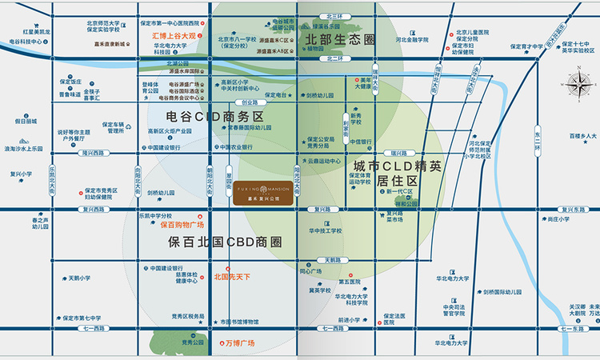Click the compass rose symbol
click(x=577, y=85)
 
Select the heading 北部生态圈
click(x=340, y=38)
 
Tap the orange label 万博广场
click(x=237, y=343)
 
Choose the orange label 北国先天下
click(x=233, y=277)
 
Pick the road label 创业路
click(x=250, y=102)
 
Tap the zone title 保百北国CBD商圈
click(x=225, y=241)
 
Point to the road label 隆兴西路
click(x=94, y=153)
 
